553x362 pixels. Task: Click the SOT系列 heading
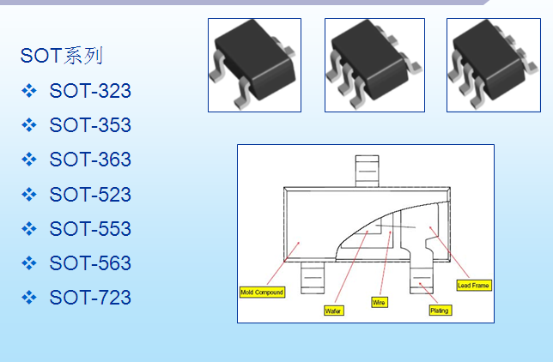pos(61,56)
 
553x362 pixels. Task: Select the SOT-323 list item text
pos(90,91)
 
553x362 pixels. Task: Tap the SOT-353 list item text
pos(90,125)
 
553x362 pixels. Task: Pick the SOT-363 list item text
pos(90,160)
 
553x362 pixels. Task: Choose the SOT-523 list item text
pos(90,194)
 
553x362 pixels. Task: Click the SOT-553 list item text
pos(90,229)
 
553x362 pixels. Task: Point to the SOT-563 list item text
pos(90,263)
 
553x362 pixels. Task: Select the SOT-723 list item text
pos(90,297)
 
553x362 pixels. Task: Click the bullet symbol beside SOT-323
pos(29,91)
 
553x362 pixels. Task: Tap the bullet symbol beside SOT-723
pos(29,297)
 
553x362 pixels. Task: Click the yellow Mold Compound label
pos(262,293)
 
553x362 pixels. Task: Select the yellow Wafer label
pos(334,311)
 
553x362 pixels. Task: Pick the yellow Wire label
pos(380,303)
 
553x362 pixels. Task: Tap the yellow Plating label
pos(440,311)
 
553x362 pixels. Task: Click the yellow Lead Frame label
pos(474,285)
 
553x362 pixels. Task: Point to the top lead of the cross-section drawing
pos(368,172)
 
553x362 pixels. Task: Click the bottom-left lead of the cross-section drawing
pos(313,277)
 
